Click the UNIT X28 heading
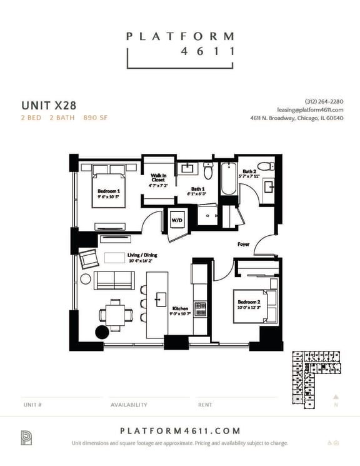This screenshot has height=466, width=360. (x=49, y=104)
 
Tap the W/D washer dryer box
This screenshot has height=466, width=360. (x=176, y=220)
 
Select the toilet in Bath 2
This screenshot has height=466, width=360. (x=266, y=166)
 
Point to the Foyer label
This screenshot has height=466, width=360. (x=244, y=244)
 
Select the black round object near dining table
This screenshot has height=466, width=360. (x=101, y=332)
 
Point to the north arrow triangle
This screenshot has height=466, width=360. (x=336, y=397)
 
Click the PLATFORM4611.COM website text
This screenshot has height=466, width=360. (x=179, y=430)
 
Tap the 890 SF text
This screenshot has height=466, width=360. (x=95, y=117)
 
